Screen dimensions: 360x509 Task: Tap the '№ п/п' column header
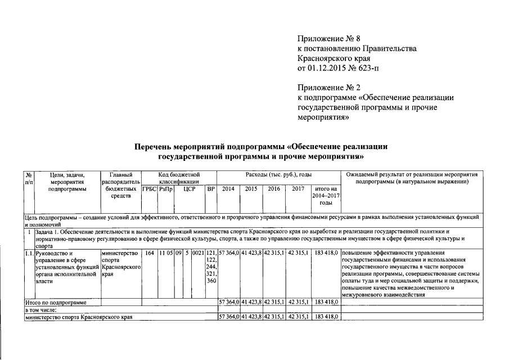pyautogui.click(x=29, y=178)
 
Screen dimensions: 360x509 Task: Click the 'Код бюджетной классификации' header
pyautogui.click(x=179, y=178)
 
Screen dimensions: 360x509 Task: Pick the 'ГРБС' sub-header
pyautogui.click(x=149, y=190)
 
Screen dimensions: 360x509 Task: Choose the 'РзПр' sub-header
pyautogui.click(x=165, y=190)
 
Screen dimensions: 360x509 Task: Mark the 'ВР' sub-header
pyautogui.click(x=211, y=190)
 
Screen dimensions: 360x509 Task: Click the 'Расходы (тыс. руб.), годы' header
pyautogui.click(x=278, y=175)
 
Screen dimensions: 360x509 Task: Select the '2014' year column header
pyautogui.click(x=228, y=190)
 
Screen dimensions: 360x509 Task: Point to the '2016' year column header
pyautogui.click(x=274, y=190)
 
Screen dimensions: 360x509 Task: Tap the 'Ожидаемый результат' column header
pyautogui.click(x=412, y=178)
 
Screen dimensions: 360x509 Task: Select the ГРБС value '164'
pyautogui.click(x=149, y=254)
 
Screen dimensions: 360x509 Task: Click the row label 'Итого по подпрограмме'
pyautogui.click(x=56, y=303)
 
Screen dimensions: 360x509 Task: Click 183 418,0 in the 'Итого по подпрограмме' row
pyautogui.click(x=326, y=303)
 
